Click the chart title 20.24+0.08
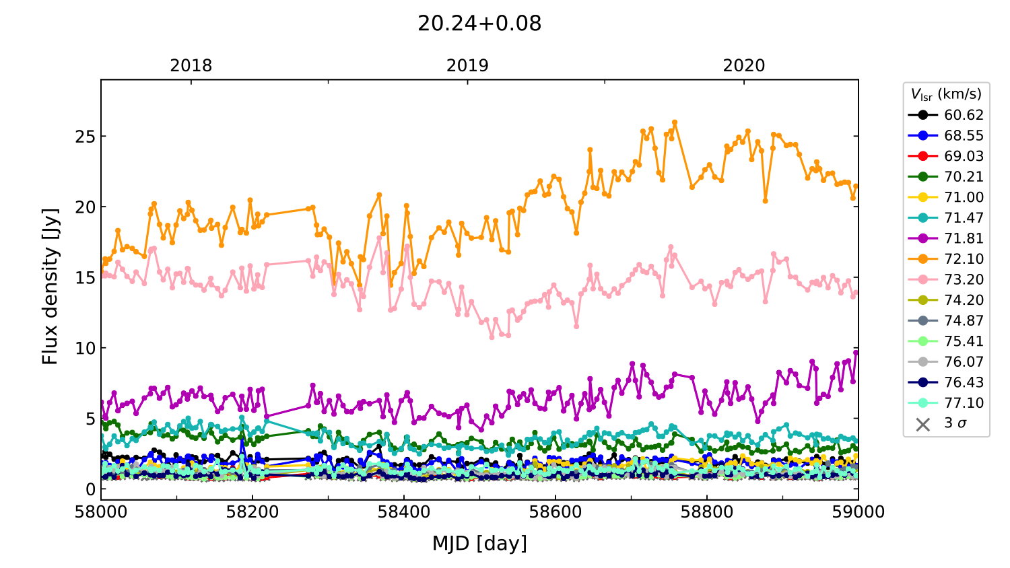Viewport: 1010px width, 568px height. pyautogui.click(x=479, y=24)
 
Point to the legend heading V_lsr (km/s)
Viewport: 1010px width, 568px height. pyautogui.click(x=946, y=94)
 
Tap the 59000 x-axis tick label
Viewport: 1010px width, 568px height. pyautogui.click(x=858, y=512)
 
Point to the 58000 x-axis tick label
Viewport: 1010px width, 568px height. pyautogui.click(x=101, y=512)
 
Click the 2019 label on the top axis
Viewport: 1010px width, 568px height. pyautogui.click(x=467, y=66)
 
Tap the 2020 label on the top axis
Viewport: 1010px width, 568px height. pyautogui.click(x=744, y=66)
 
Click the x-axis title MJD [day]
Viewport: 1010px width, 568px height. pyautogui.click(x=479, y=543)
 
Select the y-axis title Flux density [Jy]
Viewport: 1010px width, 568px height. pyautogui.click(x=50, y=286)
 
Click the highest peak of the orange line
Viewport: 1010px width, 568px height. pyautogui.click(x=675, y=122)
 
